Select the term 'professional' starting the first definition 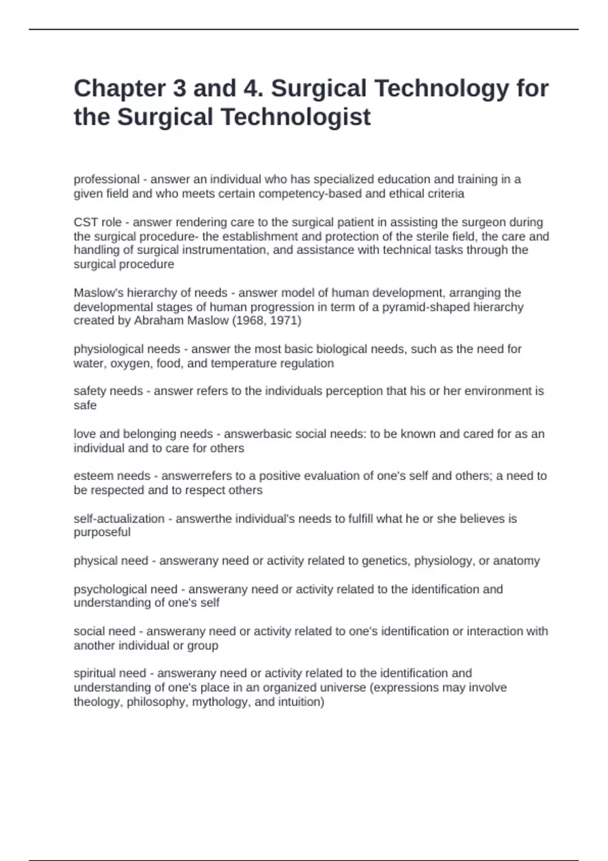coord(106,179)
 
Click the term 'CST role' coord(97,222)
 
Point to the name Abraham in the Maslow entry coord(157,321)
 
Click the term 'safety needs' coord(108,391)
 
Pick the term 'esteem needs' coord(112,476)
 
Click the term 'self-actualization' coord(119,519)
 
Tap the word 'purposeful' coord(102,532)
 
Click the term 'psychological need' coord(126,590)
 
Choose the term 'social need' coord(104,632)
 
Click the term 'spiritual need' coord(110,674)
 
